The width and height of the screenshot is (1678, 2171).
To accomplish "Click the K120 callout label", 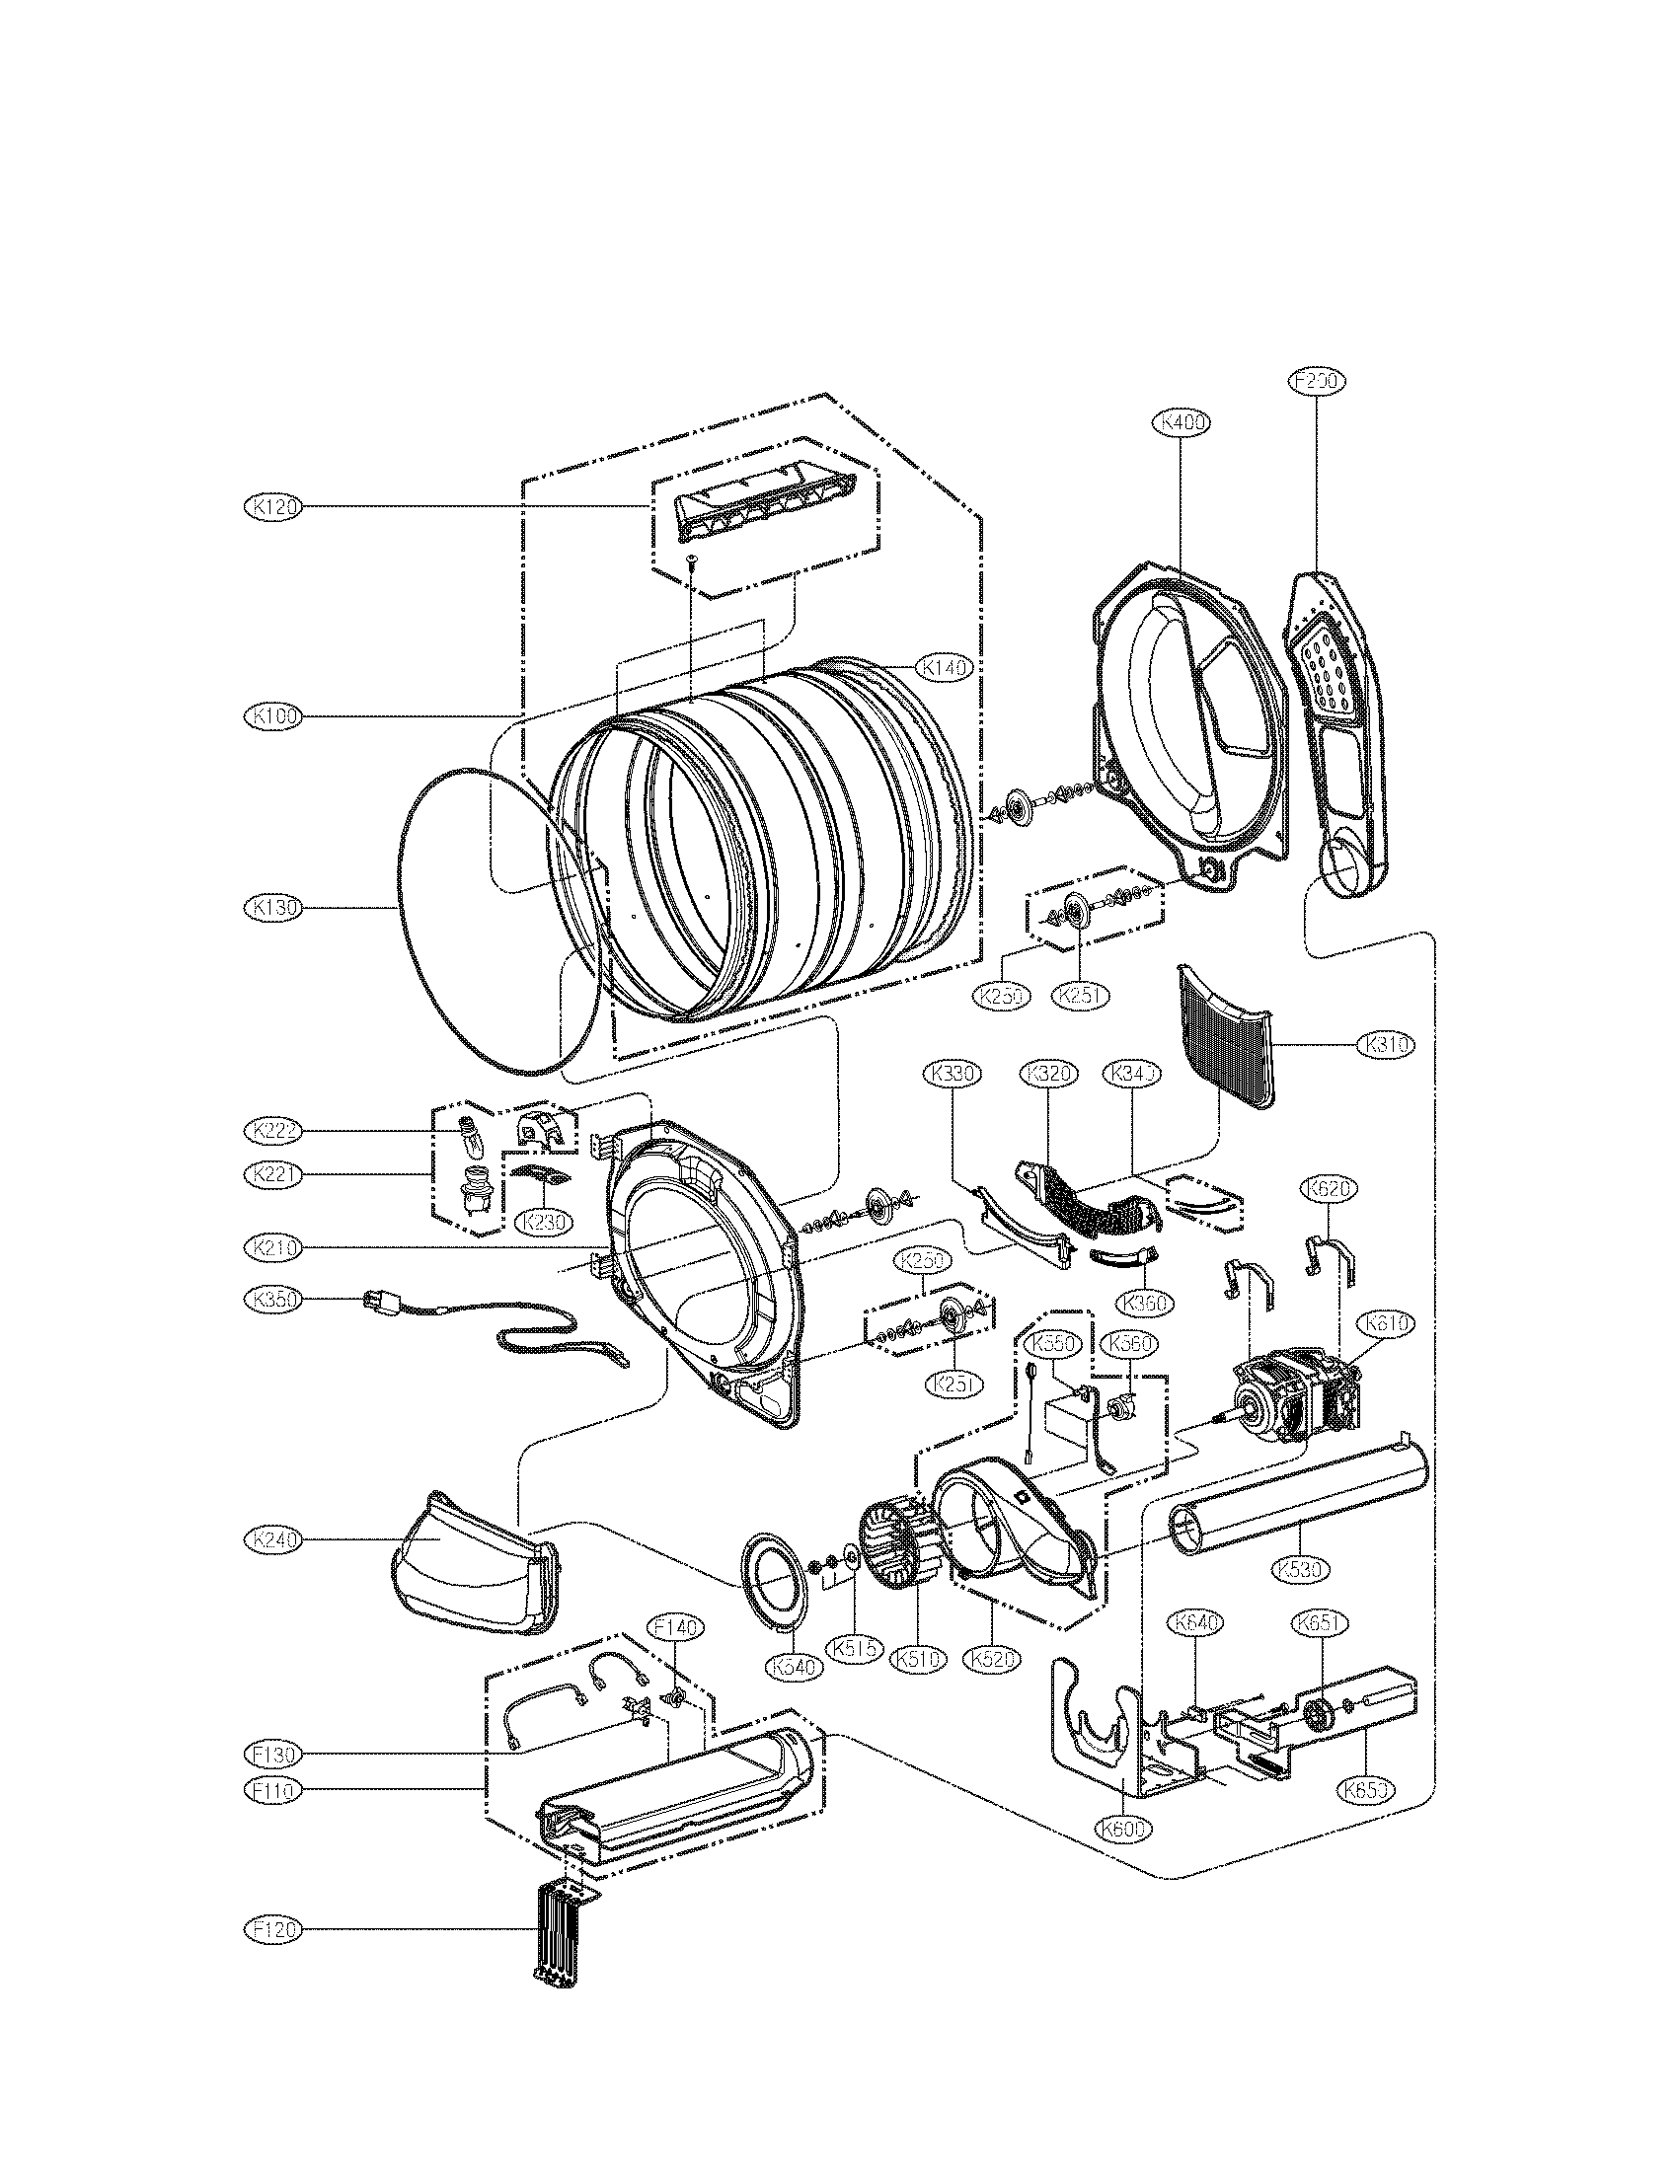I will click(x=271, y=507).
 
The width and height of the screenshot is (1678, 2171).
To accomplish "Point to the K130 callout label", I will click(x=271, y=908).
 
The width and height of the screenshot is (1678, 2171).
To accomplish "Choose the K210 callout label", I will click(x=271, y=1247).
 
